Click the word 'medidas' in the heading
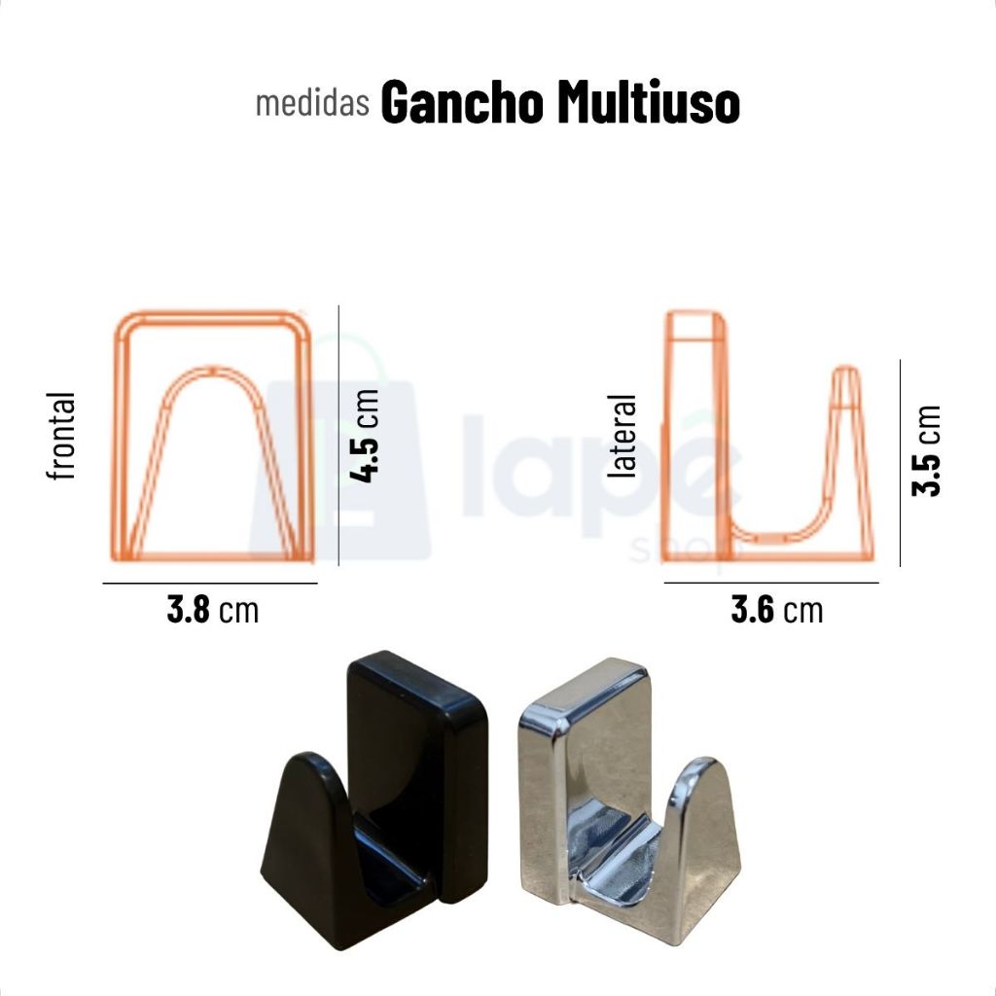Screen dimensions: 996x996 tap(312, 103)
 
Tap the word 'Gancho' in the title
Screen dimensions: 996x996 tap(462, 102)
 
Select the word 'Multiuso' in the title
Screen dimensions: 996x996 tap(649, 102)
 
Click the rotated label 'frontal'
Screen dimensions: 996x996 tap(61, 436)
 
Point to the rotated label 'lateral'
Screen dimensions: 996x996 tap(622, 436)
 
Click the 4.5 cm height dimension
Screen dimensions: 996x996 tap(366, 436)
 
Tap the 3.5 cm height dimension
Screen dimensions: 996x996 tap(926, 450)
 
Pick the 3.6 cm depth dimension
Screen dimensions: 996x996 tap(777, 610)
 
